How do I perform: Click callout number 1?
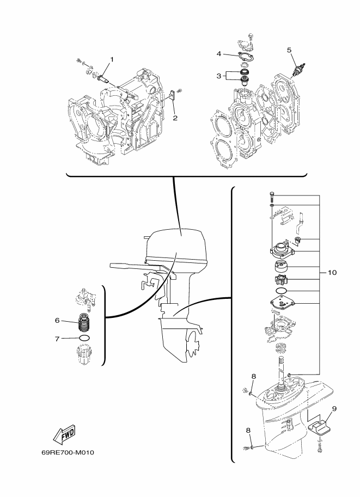click(112, 59)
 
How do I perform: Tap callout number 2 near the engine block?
click(175, 118)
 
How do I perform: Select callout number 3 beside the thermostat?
click(219, 76)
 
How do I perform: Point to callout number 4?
click(219, 54)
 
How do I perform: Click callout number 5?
click(289, 50)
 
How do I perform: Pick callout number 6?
click(57, 321)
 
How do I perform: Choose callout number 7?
click(57, 339)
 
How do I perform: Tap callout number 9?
click(334, 409)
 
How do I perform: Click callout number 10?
click(332, 272)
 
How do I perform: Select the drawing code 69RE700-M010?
click(68, 452)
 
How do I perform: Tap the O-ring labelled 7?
click(84, 338)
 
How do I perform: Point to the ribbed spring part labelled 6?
click(84, 322)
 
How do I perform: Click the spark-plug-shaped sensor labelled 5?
click(299, 69)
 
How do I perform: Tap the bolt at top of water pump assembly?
click(272, 197)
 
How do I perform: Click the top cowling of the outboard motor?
click(176, 244)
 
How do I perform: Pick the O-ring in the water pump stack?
click(280, 291)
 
